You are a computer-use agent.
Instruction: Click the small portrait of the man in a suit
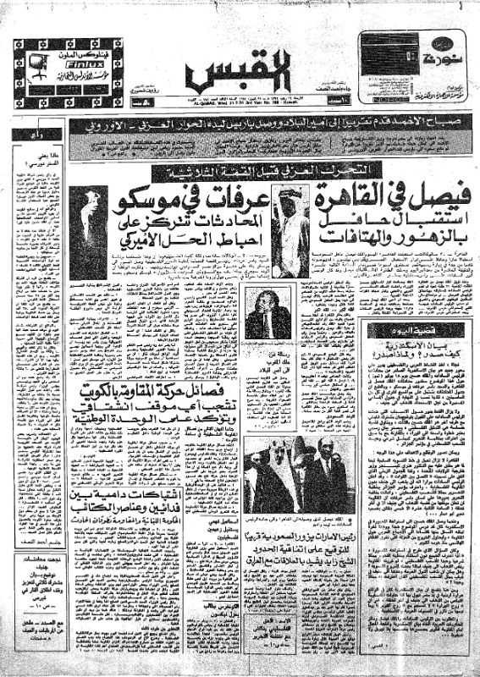click(268, 311)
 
